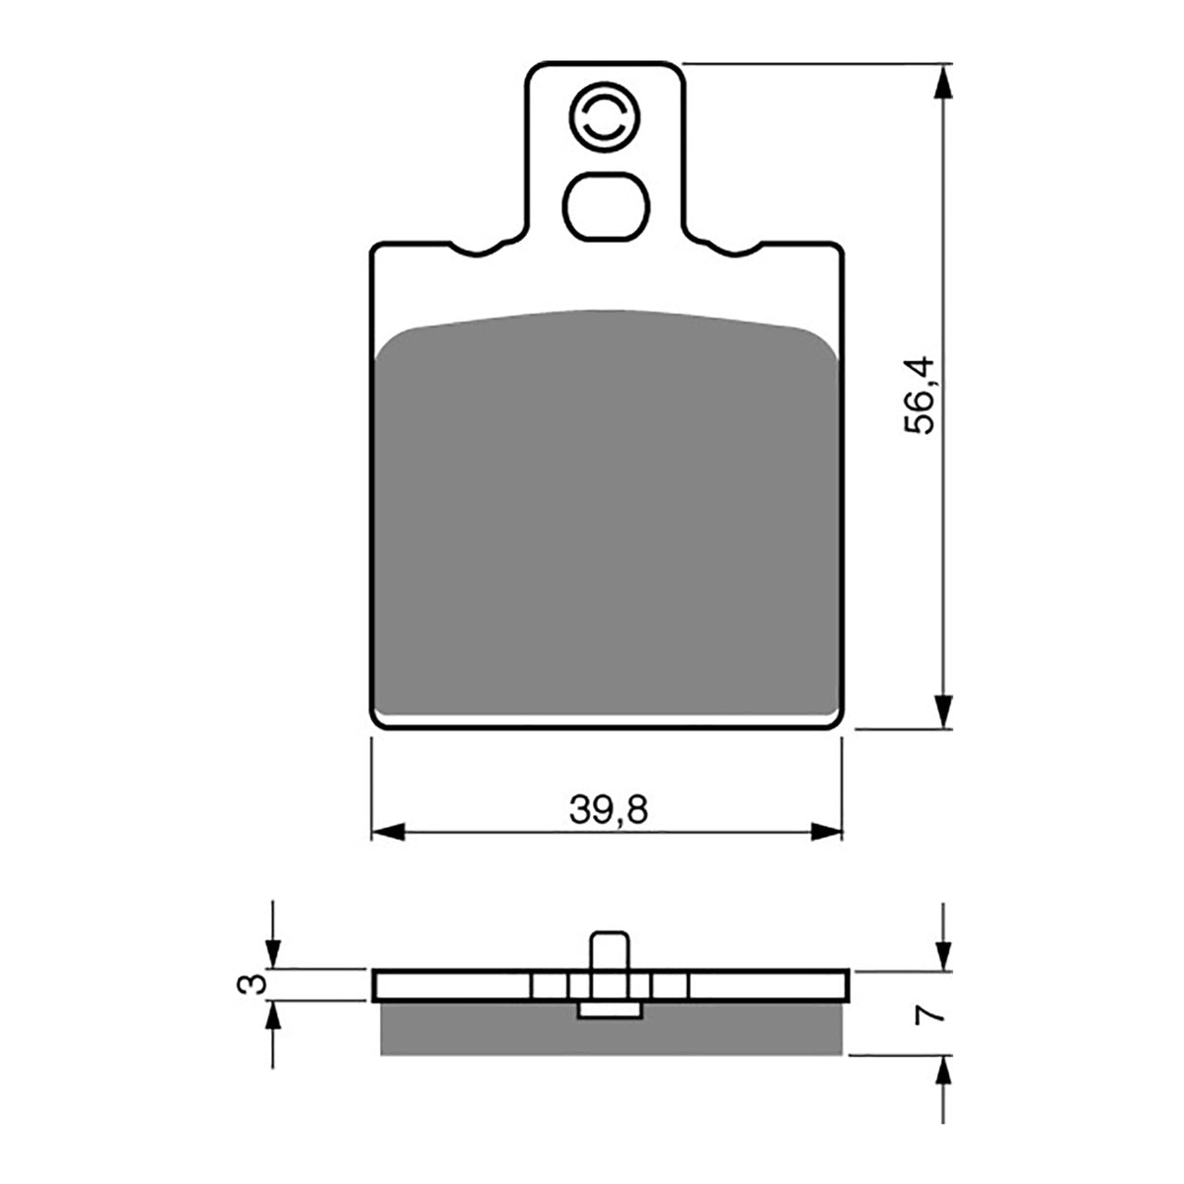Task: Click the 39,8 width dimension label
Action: click(608, 810)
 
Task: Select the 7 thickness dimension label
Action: click(935, 1013)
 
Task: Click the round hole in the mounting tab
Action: click(606, 122)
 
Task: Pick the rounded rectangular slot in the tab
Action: click(607, 204)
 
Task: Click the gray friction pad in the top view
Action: click(607, 513)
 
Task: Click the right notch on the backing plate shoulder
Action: click(731, 248)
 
